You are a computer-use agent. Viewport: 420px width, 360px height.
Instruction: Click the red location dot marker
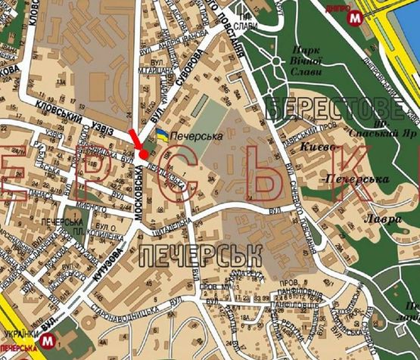[144, 155]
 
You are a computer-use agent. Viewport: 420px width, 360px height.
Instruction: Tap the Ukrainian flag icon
[162, 134]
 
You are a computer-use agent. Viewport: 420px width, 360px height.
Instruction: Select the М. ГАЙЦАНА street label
[151, 71]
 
